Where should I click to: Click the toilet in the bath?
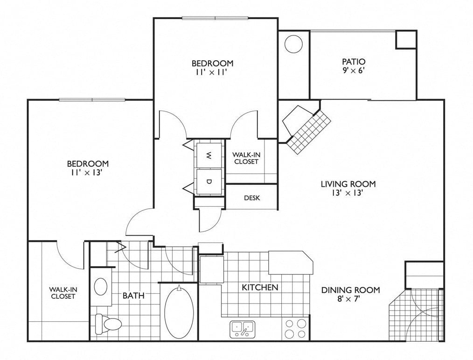pos(108,324)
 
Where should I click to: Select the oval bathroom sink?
pos(101,287)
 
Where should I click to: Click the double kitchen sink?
pos(242,329)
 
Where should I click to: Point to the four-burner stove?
pos(296,329)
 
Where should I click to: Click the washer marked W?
pos(209,155)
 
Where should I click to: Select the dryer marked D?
pos(209,181)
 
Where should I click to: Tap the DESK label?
pos(252,198)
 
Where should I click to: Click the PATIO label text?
pos(354,62)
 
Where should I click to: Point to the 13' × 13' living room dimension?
pos(347,193)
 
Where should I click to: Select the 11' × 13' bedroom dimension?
pos(87,172)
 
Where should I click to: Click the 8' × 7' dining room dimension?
pos(350,299)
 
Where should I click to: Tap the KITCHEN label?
pos(260,287)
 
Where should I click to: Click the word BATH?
pos(133,296)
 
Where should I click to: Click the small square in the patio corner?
pos(406,39)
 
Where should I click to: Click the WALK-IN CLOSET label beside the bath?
pos(63,293)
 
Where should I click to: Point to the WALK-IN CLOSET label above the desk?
pos(246,158)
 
